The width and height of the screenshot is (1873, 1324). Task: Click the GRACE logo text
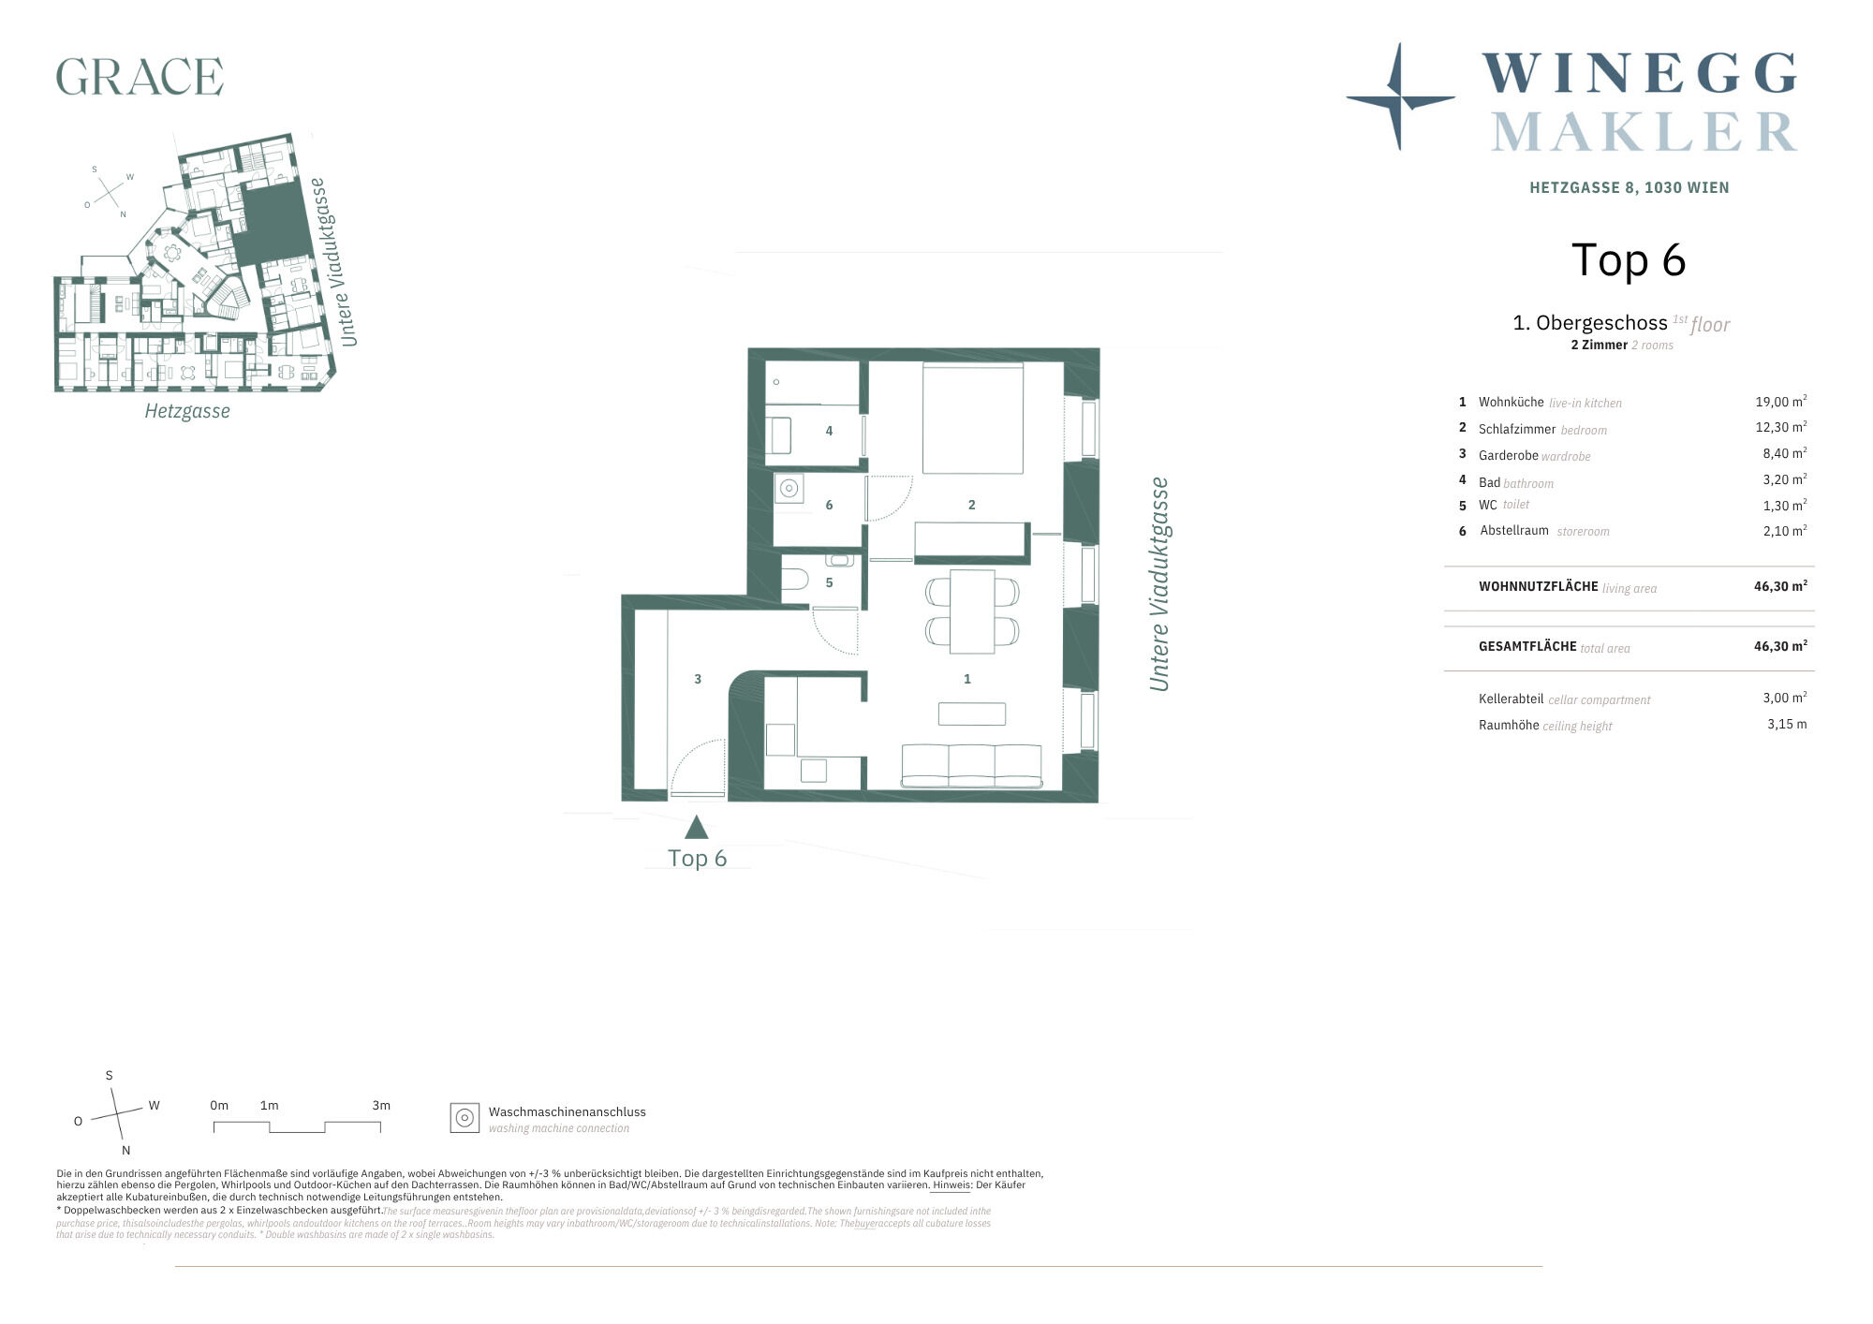pos(140,76)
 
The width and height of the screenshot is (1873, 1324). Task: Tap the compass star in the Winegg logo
pos(1400,96)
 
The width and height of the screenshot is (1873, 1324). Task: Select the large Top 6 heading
pos(1629,260)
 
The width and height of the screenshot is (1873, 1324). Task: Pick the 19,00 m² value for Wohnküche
pos(1780,402)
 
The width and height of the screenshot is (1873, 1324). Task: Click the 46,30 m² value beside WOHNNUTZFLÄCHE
pos(1780,586)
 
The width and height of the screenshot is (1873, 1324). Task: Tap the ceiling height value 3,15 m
pos(1787,724)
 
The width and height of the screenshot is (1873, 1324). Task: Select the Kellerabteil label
pos(1511,699)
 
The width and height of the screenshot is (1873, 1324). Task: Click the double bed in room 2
pos(973,419)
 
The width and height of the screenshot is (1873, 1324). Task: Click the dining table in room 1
pos(972,611)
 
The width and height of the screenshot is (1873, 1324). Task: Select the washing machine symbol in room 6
pos(789,488)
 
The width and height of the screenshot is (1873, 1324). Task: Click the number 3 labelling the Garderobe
pos(698,679)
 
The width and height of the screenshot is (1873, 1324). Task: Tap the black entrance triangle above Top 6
pos(696,828)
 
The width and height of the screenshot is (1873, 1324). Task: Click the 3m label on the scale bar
pos(381,1105)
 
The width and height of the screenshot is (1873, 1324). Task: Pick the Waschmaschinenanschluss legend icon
pos(465,1118)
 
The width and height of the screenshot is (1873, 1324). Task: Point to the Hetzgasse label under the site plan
pos(187,411)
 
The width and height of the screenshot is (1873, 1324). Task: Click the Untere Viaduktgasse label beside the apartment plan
pos(1160,584)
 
